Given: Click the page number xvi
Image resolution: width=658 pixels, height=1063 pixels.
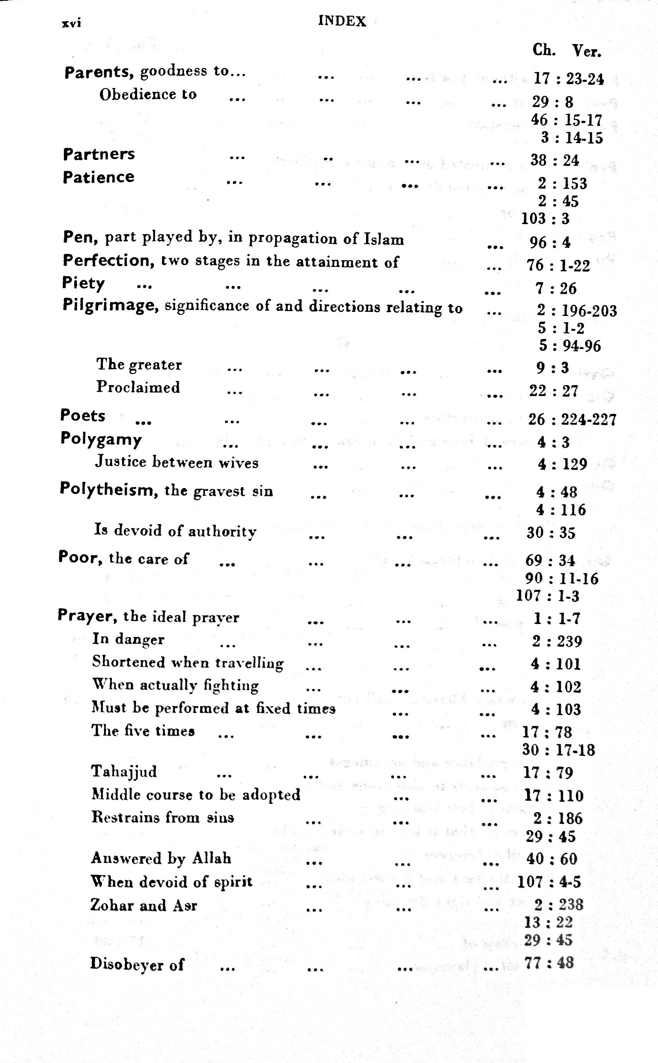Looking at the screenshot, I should pos(71,23).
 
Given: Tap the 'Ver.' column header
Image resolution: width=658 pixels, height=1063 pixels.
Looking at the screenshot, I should pos(586,51).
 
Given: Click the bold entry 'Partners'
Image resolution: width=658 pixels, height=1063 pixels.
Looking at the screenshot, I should pos(99,154).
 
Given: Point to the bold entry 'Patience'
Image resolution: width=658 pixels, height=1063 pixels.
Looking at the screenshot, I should pos(98,177).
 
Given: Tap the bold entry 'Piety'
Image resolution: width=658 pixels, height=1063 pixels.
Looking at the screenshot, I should pos(83,283).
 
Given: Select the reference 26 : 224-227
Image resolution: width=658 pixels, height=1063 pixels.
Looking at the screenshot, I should pos(572,419).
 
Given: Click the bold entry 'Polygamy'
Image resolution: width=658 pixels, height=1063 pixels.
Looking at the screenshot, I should pos(101,439).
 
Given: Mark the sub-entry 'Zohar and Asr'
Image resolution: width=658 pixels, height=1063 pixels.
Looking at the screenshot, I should pos(144,905).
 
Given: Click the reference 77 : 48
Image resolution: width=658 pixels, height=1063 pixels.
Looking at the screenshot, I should pos(549,962).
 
